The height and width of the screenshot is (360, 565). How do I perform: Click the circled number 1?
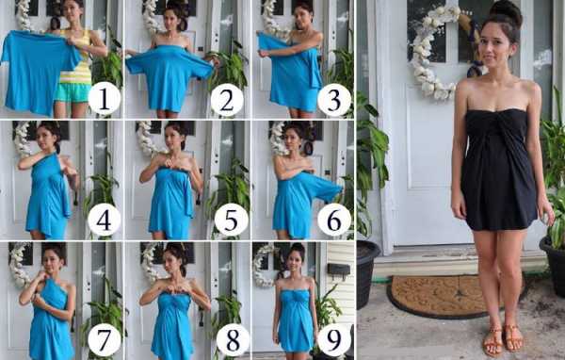tap(105, 98)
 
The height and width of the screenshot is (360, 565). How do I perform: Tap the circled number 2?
tap(227, 100)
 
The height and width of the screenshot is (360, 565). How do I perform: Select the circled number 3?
tap(334, 100)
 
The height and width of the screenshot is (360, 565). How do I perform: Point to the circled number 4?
tap(104, 220)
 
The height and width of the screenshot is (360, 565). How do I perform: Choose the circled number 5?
tap(231, 220)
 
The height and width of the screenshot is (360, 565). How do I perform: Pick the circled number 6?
tap(334, 220)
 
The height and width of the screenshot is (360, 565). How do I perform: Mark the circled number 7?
tap(105, 340)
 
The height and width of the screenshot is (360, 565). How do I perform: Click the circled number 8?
tap(233, 340)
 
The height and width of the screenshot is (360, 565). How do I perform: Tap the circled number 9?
tap(333, 340)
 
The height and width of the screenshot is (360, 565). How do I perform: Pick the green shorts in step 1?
tap(73, 92)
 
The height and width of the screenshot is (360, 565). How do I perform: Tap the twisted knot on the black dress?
tap(497, 124)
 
